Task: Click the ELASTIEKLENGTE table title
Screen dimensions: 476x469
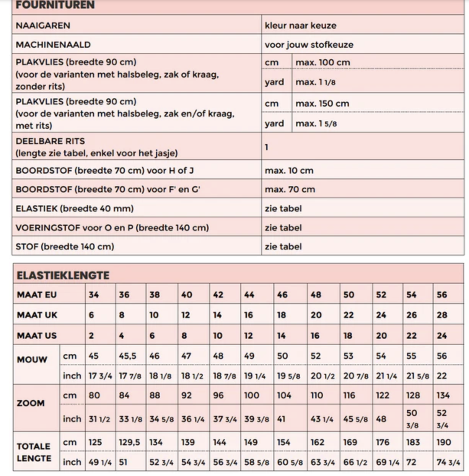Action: pyautogui.click(x=63, y=275)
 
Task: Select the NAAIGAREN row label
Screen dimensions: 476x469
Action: pyautogui.click(x=43, y=26)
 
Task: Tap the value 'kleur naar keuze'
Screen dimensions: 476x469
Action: pyautogui.click(x=300, y=26)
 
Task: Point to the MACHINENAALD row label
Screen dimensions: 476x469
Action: pyautogui.click(x=53, y=45)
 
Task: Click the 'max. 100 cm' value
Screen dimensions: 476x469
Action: pyautogui.click(x=322, y=62)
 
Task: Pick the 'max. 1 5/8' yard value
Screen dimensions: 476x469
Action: pyautogui.click(x=316, y=123)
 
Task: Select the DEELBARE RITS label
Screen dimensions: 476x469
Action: pyautogui.click(x=50, y=141)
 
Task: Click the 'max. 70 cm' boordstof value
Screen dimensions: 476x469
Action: pyautogui.click(x=290, y=189)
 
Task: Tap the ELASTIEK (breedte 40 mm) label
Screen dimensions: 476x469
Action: pyautogui.click(x=75, y=209)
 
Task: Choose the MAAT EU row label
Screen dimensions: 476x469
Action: pyautogui.click(x=37, y=295)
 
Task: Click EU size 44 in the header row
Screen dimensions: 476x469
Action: pyautogui.click(x=249, y=295)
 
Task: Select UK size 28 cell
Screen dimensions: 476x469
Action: pyautogui.click(x=442, y=315)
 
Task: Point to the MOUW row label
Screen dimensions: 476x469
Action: pyautogui.click(x=32, y=359)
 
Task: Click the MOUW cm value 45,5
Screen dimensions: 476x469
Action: pyautogui.click(x=127, y=356)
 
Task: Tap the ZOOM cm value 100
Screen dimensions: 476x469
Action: pyautogui.click(x=251, y=395)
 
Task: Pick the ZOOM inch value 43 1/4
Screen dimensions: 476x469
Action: pyautogui.click(x=322, y=419)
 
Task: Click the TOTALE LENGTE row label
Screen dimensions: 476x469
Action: pyautogui.click(x=34, y=452)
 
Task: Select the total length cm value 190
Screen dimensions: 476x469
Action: pyautogui.click(x=444, y=442)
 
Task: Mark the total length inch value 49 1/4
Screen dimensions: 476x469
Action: pyautogui.click(x=100, y=462)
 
